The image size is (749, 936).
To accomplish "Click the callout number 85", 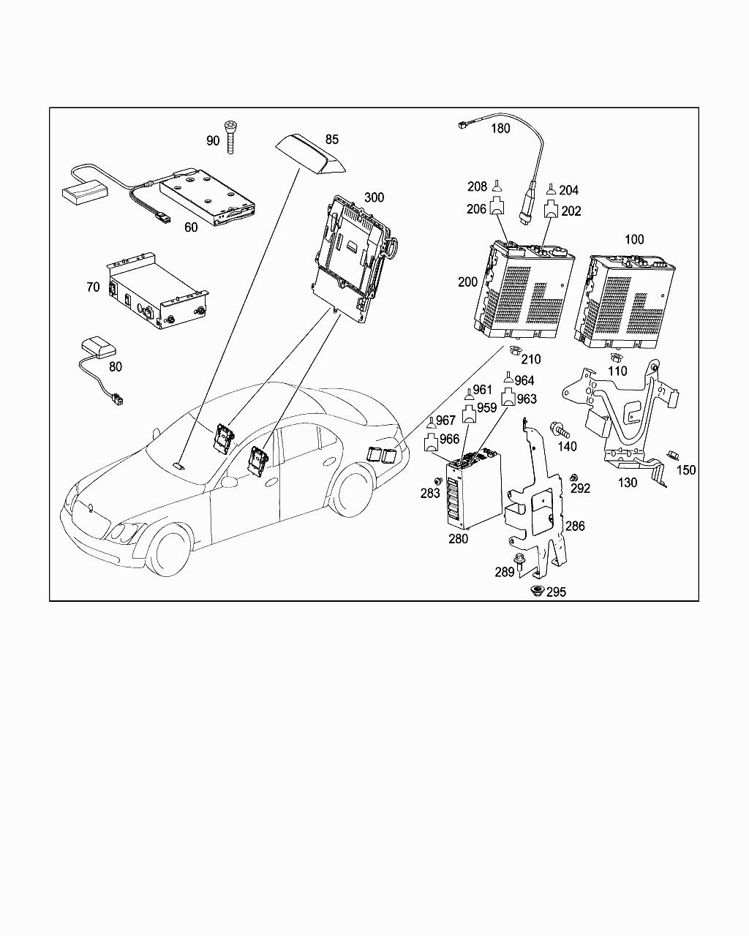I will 332,139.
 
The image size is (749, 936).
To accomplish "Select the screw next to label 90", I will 233,136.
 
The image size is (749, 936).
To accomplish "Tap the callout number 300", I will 374,197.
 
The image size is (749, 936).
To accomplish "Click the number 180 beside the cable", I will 500,129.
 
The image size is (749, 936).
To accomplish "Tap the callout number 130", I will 628,483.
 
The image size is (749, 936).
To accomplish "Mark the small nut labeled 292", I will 574,478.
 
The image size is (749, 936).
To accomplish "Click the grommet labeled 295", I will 538,591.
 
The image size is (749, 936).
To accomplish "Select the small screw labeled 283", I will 437,480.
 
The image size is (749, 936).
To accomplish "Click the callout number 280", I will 459,539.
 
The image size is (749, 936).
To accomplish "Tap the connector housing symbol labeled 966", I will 432,441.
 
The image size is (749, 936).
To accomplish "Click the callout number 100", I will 634,239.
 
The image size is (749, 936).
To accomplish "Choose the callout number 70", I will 93,287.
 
